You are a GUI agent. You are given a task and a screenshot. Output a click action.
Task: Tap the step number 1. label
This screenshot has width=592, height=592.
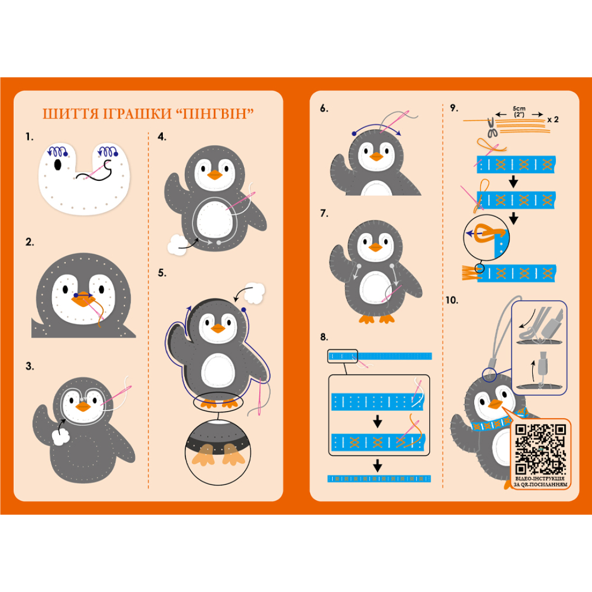(x=30, y=136)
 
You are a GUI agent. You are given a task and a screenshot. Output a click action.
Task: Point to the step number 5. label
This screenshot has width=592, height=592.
(x=162, y=273)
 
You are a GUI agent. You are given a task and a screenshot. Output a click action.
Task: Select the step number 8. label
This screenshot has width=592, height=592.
(x=324, y=337)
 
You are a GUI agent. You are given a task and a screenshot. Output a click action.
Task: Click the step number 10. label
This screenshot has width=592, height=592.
(x=452, y=300)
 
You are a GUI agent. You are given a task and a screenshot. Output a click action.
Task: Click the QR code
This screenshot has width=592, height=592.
(x=540, y=449)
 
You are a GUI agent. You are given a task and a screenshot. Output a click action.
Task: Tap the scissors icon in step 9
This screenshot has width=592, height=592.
(x=491, y=128)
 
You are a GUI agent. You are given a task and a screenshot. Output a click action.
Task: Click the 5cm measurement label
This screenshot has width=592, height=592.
(x=519, y=109)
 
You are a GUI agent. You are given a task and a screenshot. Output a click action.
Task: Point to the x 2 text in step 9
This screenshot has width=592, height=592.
(x=553, y=119)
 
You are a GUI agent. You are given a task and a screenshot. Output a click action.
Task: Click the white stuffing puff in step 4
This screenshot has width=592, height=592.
(x=177, y=244)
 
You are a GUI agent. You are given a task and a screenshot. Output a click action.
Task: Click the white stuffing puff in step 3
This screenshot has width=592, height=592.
(x=60, y=437)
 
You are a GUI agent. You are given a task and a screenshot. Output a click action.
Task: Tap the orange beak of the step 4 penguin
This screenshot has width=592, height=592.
(x=215, y=175)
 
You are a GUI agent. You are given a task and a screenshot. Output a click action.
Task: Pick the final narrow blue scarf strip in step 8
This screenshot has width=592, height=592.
(x=379, y=479)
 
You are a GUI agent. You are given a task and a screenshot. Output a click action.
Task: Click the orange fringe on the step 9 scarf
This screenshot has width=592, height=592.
(x=470, y=273)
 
